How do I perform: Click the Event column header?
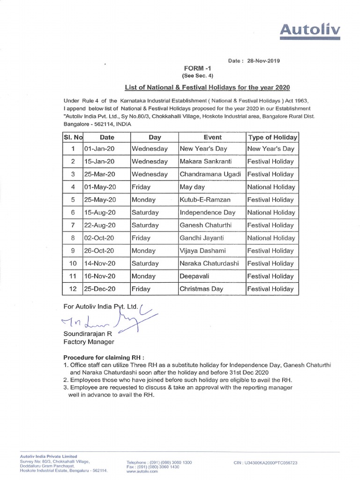point(212,137)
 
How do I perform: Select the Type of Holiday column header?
point(272,137)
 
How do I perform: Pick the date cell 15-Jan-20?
point(99,161)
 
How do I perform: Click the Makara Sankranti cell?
point(204,161)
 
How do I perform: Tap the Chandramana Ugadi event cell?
point(210,174)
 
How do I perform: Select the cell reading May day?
point(192,187)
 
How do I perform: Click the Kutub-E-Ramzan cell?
point(205,200)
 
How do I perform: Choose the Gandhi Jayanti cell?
point(201,238)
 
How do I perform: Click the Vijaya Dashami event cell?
point(202,251)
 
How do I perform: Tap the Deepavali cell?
point(195,276)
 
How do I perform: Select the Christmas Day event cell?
point(202,289)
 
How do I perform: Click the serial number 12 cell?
point(73,289)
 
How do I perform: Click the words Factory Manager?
point(89,342)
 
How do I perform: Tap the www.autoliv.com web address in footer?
point(142,472)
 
